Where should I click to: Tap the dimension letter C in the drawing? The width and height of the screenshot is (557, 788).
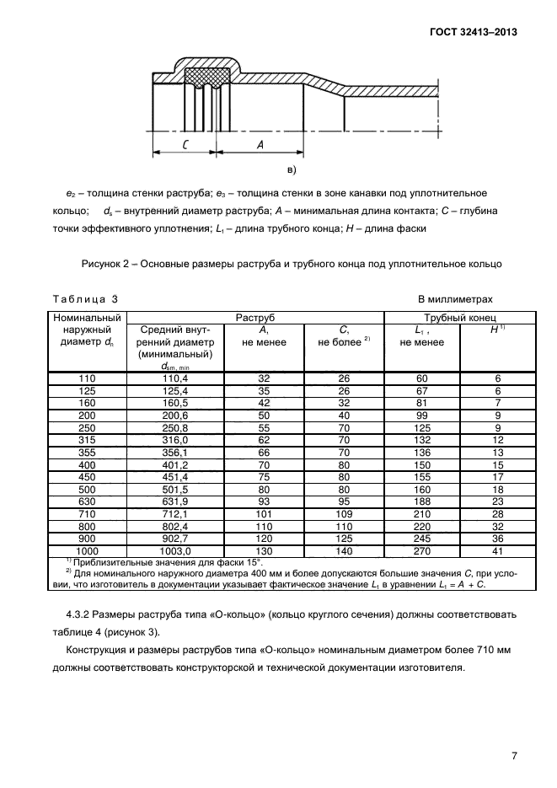click(183, 144)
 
